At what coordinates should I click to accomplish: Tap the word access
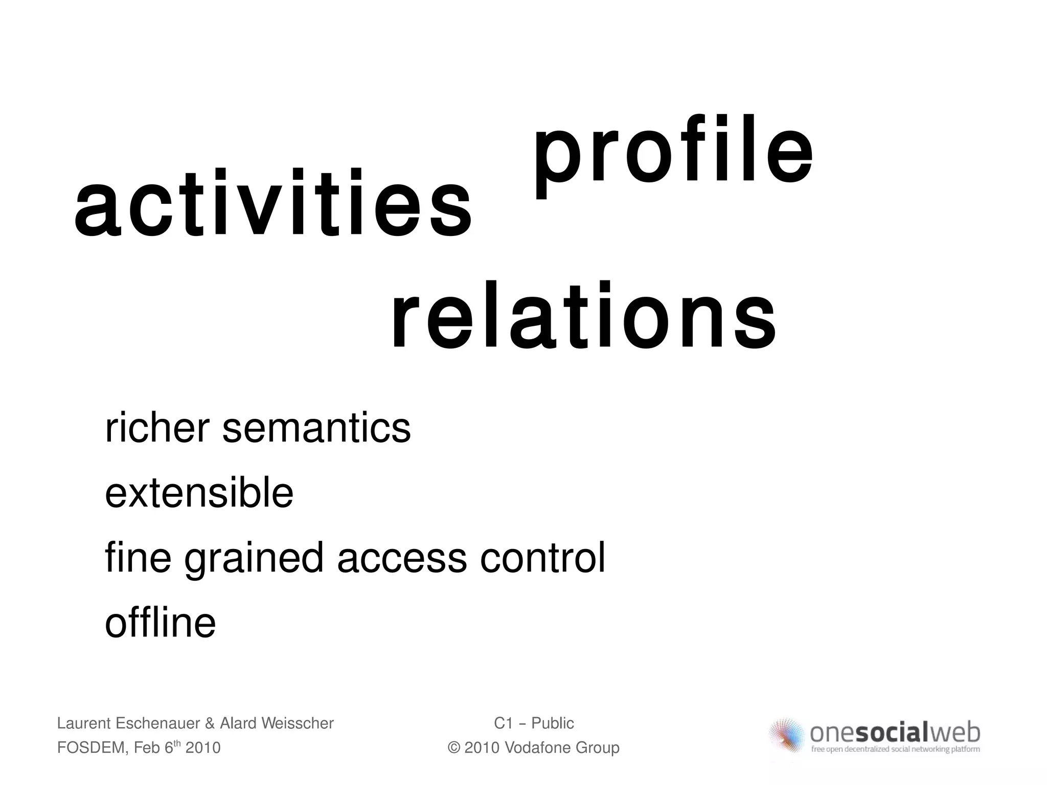click(x=402, y=558)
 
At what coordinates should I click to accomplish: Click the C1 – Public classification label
click(x=534, y=723)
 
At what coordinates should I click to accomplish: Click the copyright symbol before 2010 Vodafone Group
click(x=453, y=748)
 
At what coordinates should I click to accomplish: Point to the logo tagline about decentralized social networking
click(x=895, y=750)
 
